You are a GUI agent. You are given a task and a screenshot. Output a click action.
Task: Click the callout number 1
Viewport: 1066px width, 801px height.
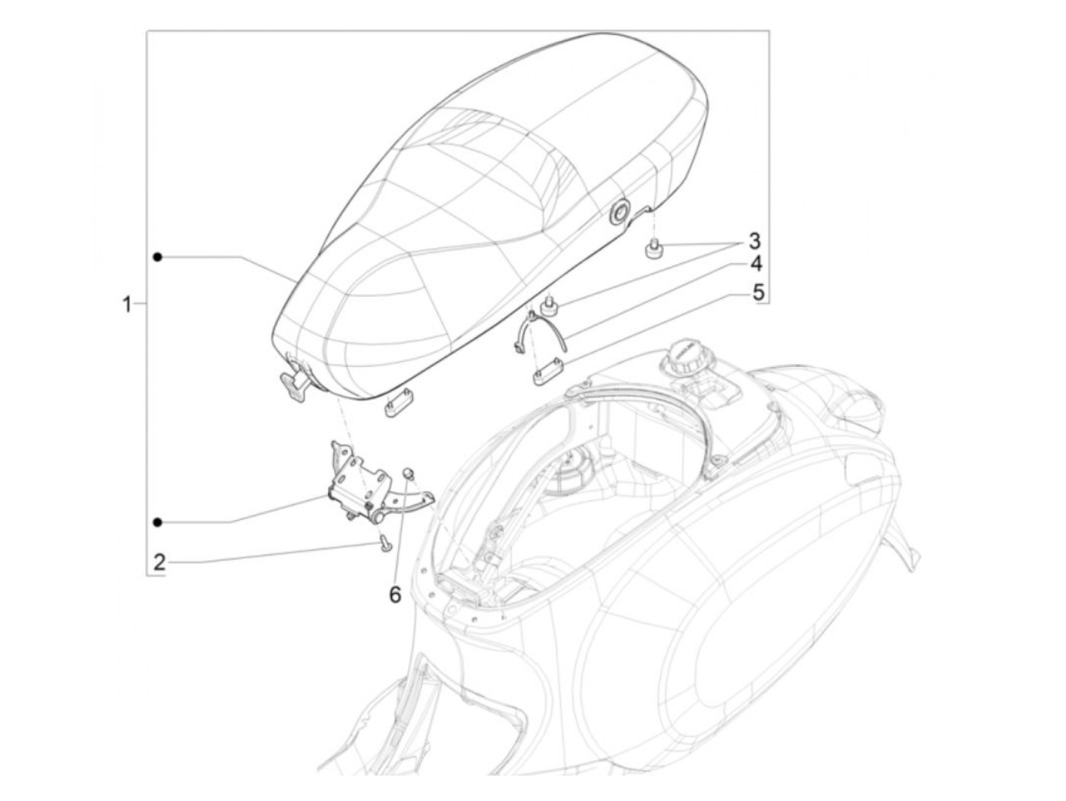point(126,305)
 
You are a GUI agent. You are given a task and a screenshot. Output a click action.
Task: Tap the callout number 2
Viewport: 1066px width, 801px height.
point(159,563)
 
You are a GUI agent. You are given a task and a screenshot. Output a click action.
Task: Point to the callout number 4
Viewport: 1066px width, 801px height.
point(755,265)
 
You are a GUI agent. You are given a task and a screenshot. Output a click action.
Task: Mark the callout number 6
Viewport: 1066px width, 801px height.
point(395,594)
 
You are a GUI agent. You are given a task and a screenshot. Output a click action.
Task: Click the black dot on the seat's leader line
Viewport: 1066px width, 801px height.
point(157,257)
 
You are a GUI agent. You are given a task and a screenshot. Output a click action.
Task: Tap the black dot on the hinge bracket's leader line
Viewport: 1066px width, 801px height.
point(157,522)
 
